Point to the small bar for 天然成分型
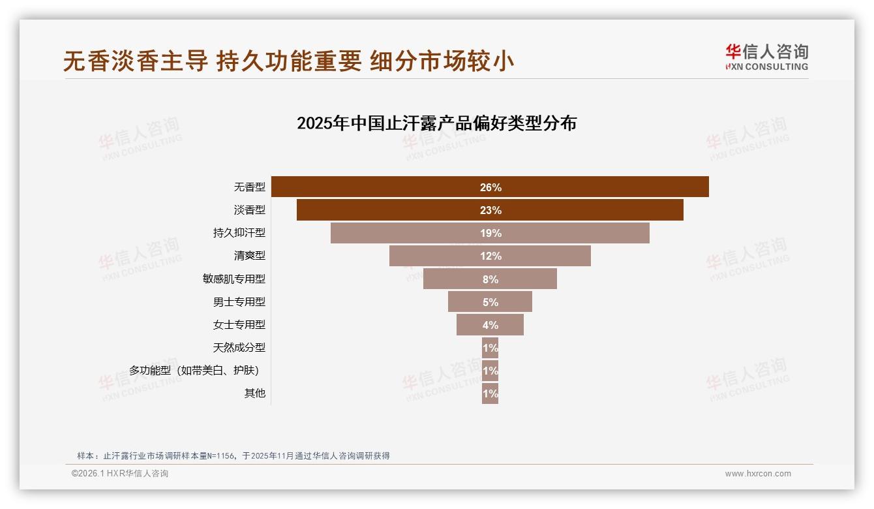(x=490, y=348)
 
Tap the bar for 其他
(x=490, y=393)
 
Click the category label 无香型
(x=250, y=187)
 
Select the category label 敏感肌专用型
(x=234, y=279)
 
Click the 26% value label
(x=490, y=187)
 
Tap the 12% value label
(x=490, y=256)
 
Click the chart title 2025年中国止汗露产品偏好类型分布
(x=436, y=123)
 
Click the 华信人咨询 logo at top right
(x=766, y=57)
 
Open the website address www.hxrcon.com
(x=758, y=474)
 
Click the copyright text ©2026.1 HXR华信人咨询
(x=120, y=474)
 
